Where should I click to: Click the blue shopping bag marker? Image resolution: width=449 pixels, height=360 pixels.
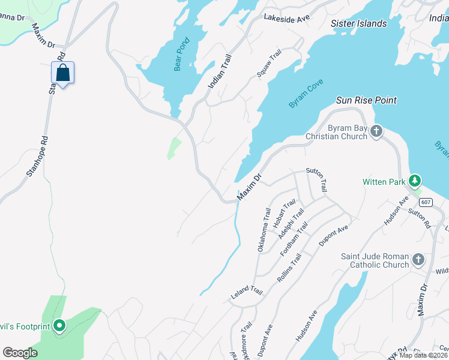62,73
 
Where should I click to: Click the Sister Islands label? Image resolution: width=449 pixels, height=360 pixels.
359,23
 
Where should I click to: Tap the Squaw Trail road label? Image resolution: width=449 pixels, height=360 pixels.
269,64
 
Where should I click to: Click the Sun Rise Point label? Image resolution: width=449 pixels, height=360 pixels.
366,100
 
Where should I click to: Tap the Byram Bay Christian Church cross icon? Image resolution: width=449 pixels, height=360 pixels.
376,130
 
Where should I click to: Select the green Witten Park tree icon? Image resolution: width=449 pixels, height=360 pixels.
414,181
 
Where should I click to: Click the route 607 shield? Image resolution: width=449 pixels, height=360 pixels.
426,202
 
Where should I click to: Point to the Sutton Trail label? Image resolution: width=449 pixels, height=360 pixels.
316,179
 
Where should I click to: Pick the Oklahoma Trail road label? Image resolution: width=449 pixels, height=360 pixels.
264,230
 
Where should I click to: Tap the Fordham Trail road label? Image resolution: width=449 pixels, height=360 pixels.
294,239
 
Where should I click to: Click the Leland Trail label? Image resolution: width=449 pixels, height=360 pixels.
247,293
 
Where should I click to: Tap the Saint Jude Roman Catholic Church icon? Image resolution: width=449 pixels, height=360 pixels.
418,260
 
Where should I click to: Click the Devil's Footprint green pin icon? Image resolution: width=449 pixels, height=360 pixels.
59,326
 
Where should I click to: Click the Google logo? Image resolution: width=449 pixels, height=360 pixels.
20,352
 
